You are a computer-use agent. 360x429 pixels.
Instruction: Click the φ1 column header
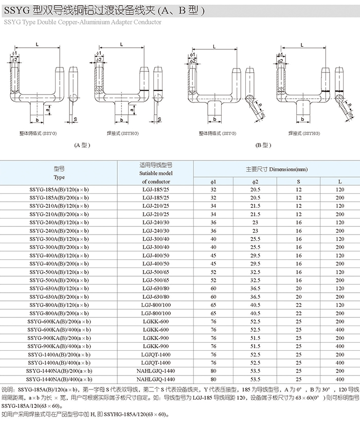tap(214, 182)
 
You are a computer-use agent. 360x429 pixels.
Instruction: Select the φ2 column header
tap(256, 182)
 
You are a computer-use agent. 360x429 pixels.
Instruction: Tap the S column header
tap(298, 182)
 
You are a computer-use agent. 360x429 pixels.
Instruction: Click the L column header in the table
tap(339, 182)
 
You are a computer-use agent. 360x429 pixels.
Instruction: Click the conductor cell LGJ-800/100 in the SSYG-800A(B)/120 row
tap(156, 305)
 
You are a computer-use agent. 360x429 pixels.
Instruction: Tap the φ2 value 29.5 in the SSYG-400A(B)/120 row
tap(256, 256)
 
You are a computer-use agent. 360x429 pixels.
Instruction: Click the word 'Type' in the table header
tap(59, 177)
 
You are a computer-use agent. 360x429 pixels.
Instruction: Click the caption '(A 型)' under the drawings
tap(82, 145)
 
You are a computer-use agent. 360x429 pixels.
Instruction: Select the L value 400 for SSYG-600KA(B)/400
tap(339, 330)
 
